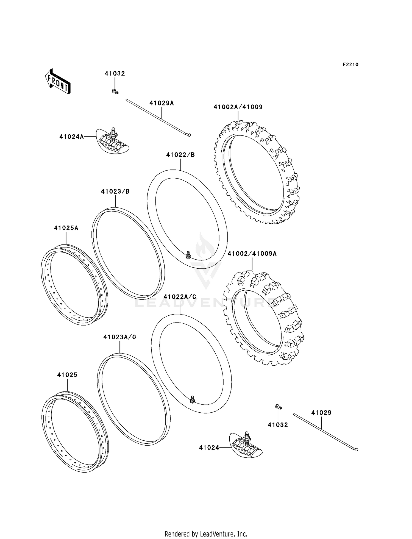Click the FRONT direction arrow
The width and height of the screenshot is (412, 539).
pos(58,82)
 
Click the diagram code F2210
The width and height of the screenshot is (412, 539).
pos(350,65)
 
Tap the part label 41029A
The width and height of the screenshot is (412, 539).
pos(162,103)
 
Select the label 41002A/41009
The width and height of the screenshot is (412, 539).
pos(238,107)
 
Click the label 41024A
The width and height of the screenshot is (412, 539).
pos(71,137)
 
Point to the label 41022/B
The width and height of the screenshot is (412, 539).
pos(180,155)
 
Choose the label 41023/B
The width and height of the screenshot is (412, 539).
pos(115,191)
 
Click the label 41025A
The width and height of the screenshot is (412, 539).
pos(66,228)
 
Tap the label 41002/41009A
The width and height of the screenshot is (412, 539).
pos(252,254)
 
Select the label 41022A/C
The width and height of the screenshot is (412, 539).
pos(180,297)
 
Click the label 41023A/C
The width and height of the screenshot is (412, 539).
pos(119,337)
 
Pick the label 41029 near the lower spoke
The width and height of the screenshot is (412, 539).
pos(321,413)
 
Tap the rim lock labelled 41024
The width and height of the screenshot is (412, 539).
pos(246,445)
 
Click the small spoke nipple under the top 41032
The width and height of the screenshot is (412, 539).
pos(115,91)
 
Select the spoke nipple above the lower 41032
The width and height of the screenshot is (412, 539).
pos(278,407)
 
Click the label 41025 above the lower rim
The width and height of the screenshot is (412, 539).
pos(67,375)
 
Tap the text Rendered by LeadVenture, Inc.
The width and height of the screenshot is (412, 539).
pos(206,534)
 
